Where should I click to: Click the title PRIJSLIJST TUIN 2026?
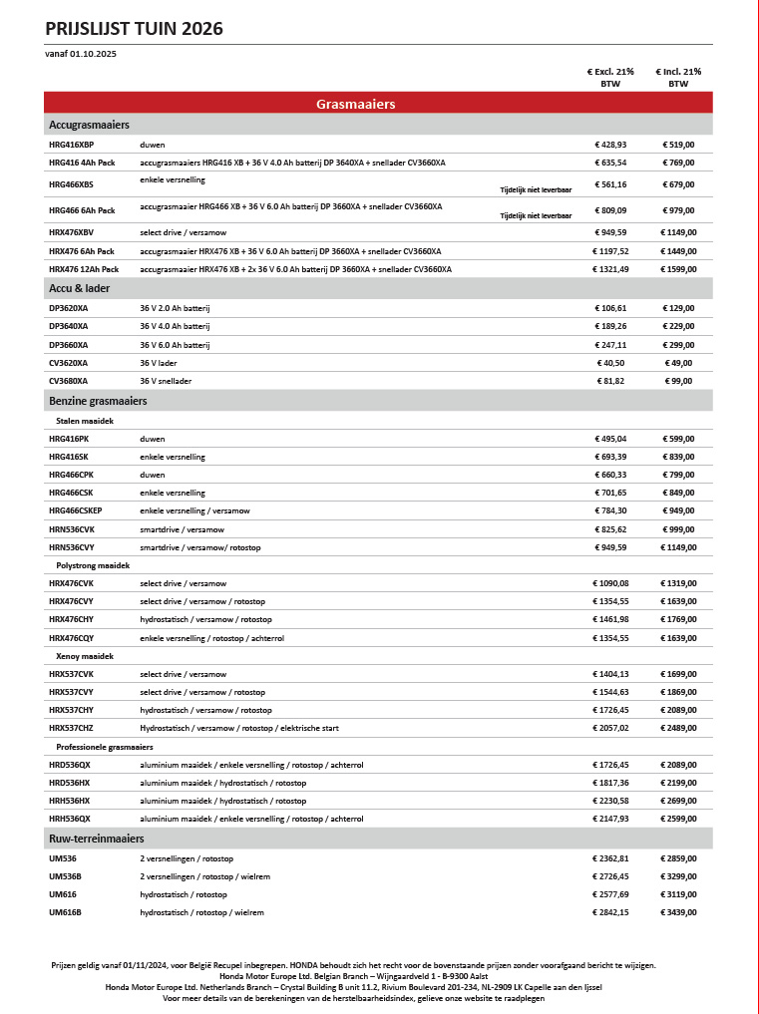[x=134, y=29]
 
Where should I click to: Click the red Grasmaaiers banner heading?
[x=356, y=104]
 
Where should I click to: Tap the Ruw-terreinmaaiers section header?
[x=97, y=839]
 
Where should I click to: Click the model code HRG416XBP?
[x=71, y=145]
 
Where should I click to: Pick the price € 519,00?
[x=678, y=145]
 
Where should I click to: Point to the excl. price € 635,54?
[x=608, y=163]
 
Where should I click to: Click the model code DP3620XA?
[x=68, y=308]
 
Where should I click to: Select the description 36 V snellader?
[x=166, y=381]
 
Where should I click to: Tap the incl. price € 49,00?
[x=678, y=363]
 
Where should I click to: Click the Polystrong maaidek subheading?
[x=94, y=565]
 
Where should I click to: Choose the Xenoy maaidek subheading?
[x=85, y=656]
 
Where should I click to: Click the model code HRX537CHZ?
[x=71, y=729]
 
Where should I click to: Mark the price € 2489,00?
[x=678, y=729]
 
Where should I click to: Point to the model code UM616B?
[x=65, y=912]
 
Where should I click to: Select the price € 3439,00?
[x=678, y=912]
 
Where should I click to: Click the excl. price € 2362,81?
[x=608, y=858]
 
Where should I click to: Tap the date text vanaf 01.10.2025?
[x=81, y=54]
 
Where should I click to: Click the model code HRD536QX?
[x=70, y=765]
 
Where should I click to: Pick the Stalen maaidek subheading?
[x=85, y=421]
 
